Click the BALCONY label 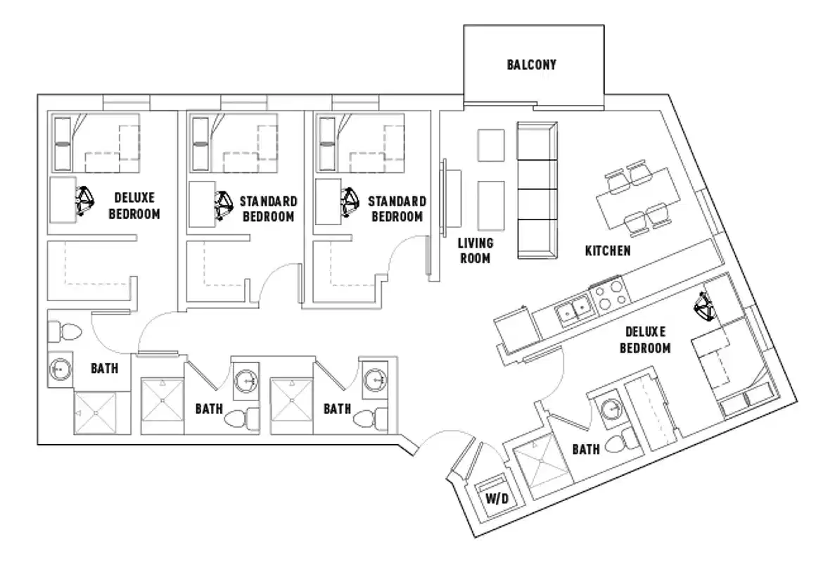[x=531, y=65]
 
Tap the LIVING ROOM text [x=476, y=250]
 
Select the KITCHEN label [x=608, y=251]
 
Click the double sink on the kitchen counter [x=574, y=311]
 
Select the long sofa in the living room [x=537, y=189]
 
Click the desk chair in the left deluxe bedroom [x=87, y=201]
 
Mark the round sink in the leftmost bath [x=60, y=369]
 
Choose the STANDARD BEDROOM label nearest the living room [x=397, y=209]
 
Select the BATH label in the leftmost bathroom [x=104, y=367]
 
